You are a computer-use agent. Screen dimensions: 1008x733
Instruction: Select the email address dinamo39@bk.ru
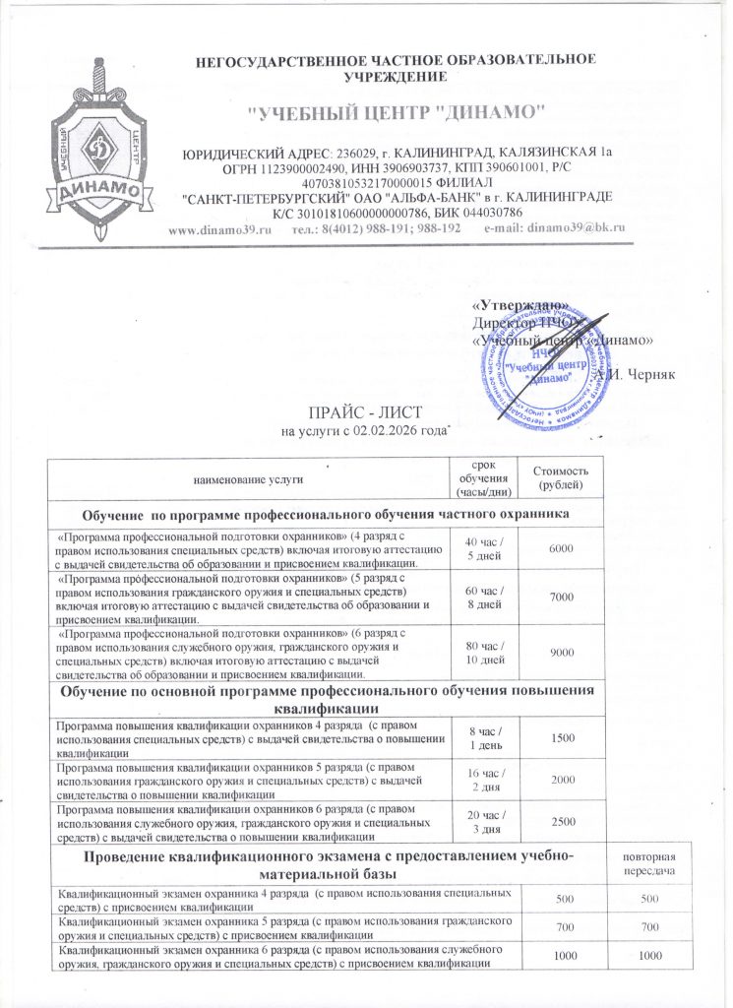pyautogui.click(x=555, y=228)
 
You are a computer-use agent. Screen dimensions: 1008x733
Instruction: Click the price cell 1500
pyautogui.click(x=561, y=737)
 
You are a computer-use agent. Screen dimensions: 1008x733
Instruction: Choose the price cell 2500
pyautogui.click(x=561, y=822)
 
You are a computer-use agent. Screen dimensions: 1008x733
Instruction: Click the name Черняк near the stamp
pyautogui.click(x=641, y=376)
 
